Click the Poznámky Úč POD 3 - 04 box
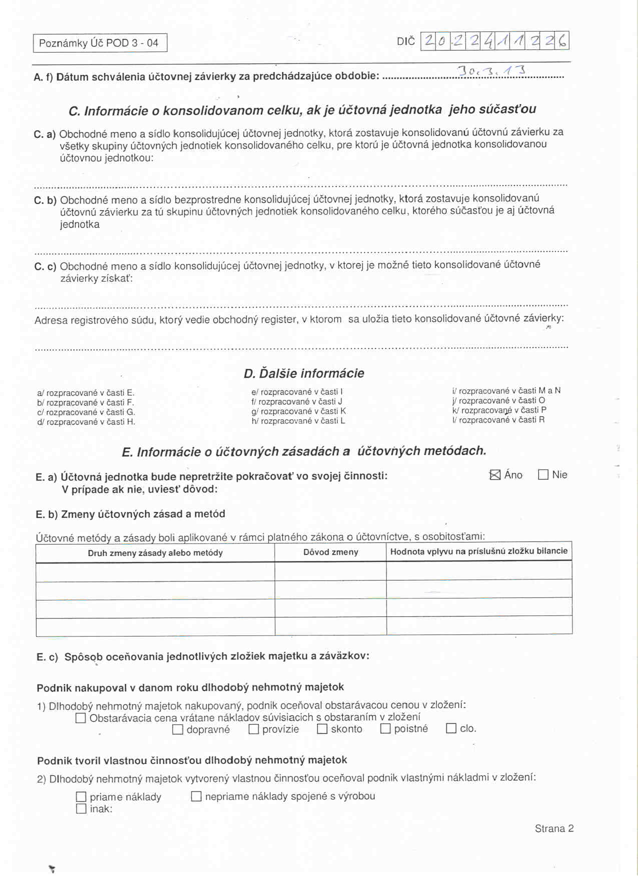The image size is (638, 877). [100, 43]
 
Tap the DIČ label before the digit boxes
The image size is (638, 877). [405, 41]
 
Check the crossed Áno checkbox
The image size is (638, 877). [495, 475]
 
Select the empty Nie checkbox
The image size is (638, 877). [543, 474]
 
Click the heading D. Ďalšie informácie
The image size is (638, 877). [304, 373]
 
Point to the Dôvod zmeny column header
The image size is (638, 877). [331, 552]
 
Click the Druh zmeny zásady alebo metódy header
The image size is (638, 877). [155, 552]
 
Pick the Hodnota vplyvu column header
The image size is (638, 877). [479, 551]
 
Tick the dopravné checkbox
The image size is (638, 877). [178, 729]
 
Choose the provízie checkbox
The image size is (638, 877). [254, 729]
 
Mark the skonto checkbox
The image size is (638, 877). [322, 729]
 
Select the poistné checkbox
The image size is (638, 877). [385, 728]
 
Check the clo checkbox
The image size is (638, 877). [451, 728]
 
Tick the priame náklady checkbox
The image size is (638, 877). [81, 796]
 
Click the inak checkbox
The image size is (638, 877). [81, 808]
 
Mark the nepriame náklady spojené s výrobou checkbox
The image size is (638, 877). [196, 796]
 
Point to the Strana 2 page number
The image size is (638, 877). [554, 828]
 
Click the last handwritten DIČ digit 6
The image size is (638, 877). [562, 40]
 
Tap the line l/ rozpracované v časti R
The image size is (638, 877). [498, 420]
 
